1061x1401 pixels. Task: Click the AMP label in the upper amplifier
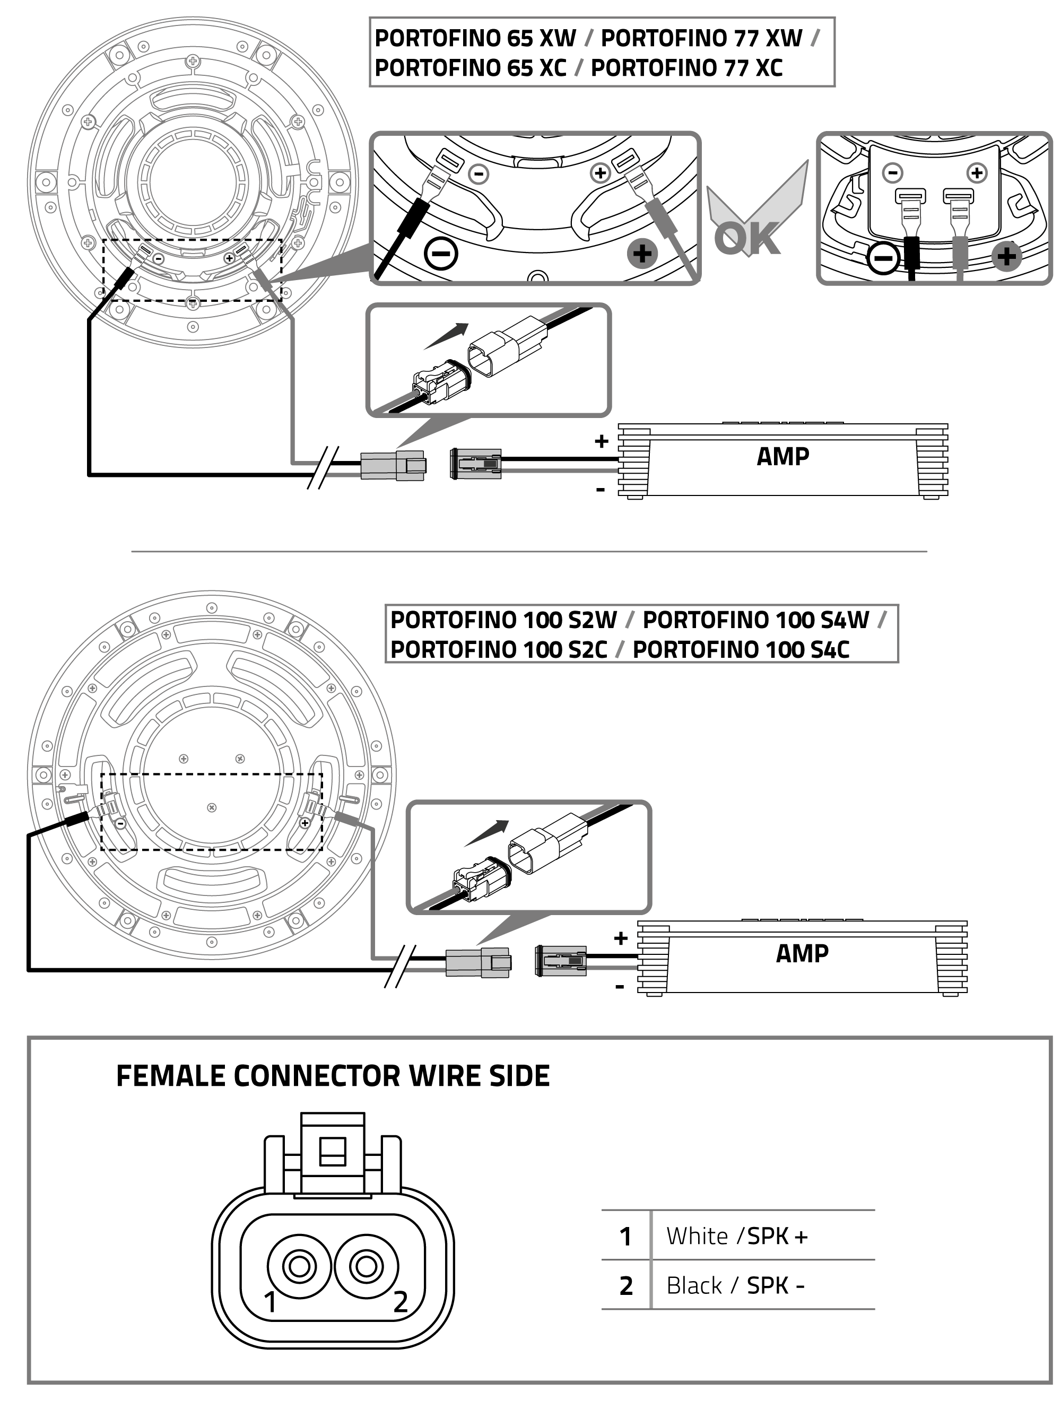782,456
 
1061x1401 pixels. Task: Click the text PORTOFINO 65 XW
475,38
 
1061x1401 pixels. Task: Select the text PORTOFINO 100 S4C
741,649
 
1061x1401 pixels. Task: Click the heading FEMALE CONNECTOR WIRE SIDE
333,1076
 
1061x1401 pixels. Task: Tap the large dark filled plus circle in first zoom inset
642,254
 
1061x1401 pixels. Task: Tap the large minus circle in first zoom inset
441,254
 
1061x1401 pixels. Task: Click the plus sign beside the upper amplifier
601,441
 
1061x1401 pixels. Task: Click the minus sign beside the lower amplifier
620,987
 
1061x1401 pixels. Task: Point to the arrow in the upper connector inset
447,336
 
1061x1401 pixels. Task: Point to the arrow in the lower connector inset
487,833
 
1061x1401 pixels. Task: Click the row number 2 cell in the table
626,1286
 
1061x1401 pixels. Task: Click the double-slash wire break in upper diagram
323,467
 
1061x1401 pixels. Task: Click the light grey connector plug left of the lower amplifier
477,963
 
